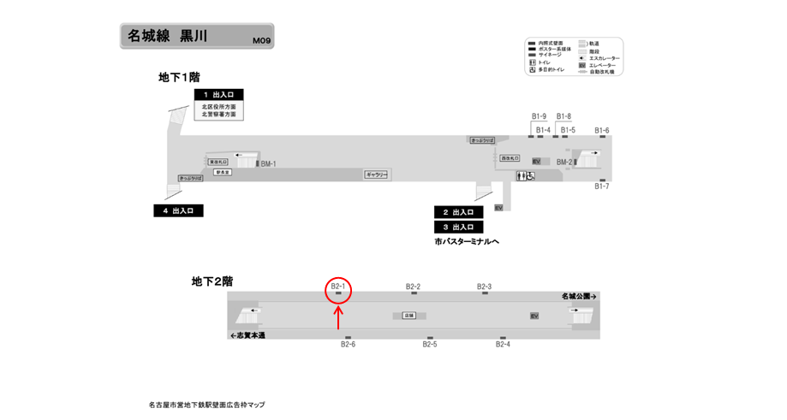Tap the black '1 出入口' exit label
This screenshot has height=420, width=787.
click(219, 95)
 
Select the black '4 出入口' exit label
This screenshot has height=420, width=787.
click(178, 210)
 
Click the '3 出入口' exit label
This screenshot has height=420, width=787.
click(459, 228)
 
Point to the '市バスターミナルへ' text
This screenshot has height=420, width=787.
click(467, 242)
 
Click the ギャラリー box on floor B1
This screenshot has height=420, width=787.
click(377, 175)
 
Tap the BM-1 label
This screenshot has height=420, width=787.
click(269, 163)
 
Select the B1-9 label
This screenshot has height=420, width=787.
click(539, 116)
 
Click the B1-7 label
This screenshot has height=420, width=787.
click(602, 186)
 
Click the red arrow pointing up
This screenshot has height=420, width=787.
click(339, 317)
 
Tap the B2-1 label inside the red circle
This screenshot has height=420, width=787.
click(338, 287)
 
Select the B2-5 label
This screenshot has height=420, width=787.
click(430, 345)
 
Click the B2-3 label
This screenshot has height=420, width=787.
click(484, 287)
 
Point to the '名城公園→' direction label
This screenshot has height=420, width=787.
click(579, 296)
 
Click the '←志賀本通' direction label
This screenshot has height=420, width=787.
click(247, 335)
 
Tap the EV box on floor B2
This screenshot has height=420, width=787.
click(534, 316)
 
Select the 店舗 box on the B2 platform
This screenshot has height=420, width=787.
click(408, 316)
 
